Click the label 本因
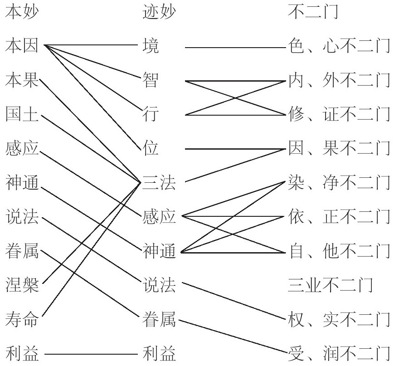(x=21, y=46)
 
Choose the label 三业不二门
(x=331, y=285)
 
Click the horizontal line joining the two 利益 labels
(x=91, y=353)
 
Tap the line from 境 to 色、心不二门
(x=236, y=46)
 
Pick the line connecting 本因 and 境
(x=91, y=46)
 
